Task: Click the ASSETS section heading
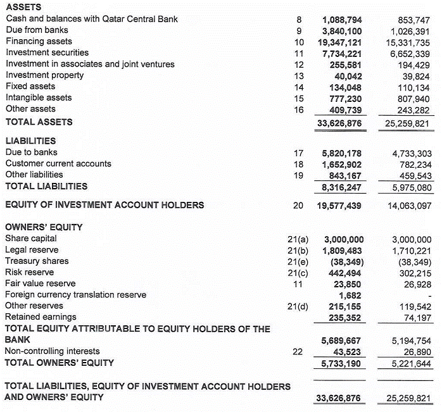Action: click(23, 7)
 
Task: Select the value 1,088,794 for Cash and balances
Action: click(342, 19)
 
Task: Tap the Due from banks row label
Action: click(37, 30)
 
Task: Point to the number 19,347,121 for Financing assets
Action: click(339, 42)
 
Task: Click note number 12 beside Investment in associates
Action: click(300, 64)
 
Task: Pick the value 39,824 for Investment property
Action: click(416, 75)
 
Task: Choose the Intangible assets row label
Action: click(39, 97)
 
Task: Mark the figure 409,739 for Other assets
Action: click(345, 109)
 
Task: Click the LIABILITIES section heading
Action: click(30, 141)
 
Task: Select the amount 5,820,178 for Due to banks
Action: click(342, 153)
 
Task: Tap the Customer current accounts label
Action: click(58, 164)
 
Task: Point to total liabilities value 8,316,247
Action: click(342, 187)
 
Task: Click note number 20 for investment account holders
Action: click(297, 205)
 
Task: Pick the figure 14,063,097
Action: click(409, 205)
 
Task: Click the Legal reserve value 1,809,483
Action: click(343, 250)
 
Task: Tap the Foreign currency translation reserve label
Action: click(75, 295)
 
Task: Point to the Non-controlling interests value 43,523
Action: click(348, 351)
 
